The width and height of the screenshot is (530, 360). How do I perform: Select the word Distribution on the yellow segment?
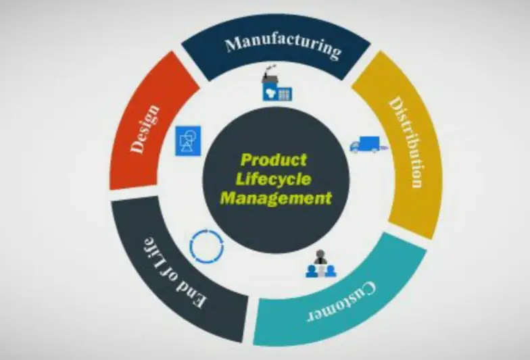click(x=406, y=143)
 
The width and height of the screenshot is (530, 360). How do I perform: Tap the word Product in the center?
click(x=273, y=161)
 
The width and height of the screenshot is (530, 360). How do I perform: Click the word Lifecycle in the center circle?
click(x=276, y=180)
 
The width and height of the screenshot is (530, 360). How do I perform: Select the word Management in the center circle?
click(x=276, y=199)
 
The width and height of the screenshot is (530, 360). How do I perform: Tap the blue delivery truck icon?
click(x=364, y=145)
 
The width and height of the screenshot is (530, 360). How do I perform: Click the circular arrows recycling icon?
click(x=206, y=247)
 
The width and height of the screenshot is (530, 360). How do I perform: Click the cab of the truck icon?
click(x=355, y=145)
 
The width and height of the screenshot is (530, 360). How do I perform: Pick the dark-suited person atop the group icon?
click(x=320, y=257)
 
